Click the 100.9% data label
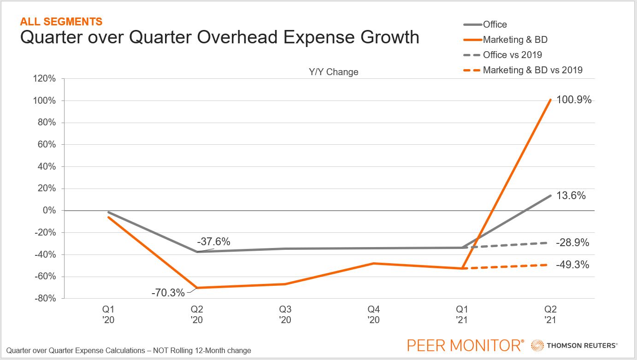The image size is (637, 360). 574,100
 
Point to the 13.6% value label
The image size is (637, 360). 572,195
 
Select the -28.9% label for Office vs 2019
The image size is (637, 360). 572,242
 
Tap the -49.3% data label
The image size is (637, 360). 572,265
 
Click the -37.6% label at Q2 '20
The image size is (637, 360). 213,242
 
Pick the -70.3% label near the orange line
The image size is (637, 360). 168,293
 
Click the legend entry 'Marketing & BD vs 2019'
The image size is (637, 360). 532,70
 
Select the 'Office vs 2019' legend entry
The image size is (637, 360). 512,55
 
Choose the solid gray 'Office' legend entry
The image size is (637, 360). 495,24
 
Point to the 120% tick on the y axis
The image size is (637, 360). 44,79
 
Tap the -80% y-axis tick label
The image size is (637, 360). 45,299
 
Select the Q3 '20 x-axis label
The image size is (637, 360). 285,314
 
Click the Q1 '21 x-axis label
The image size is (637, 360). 462,314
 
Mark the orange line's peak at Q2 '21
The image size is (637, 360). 550,100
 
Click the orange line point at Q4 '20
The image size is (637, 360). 374,263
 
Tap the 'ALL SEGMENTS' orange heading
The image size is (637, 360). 61,21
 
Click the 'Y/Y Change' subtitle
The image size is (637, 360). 333,72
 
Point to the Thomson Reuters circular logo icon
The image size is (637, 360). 537,345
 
